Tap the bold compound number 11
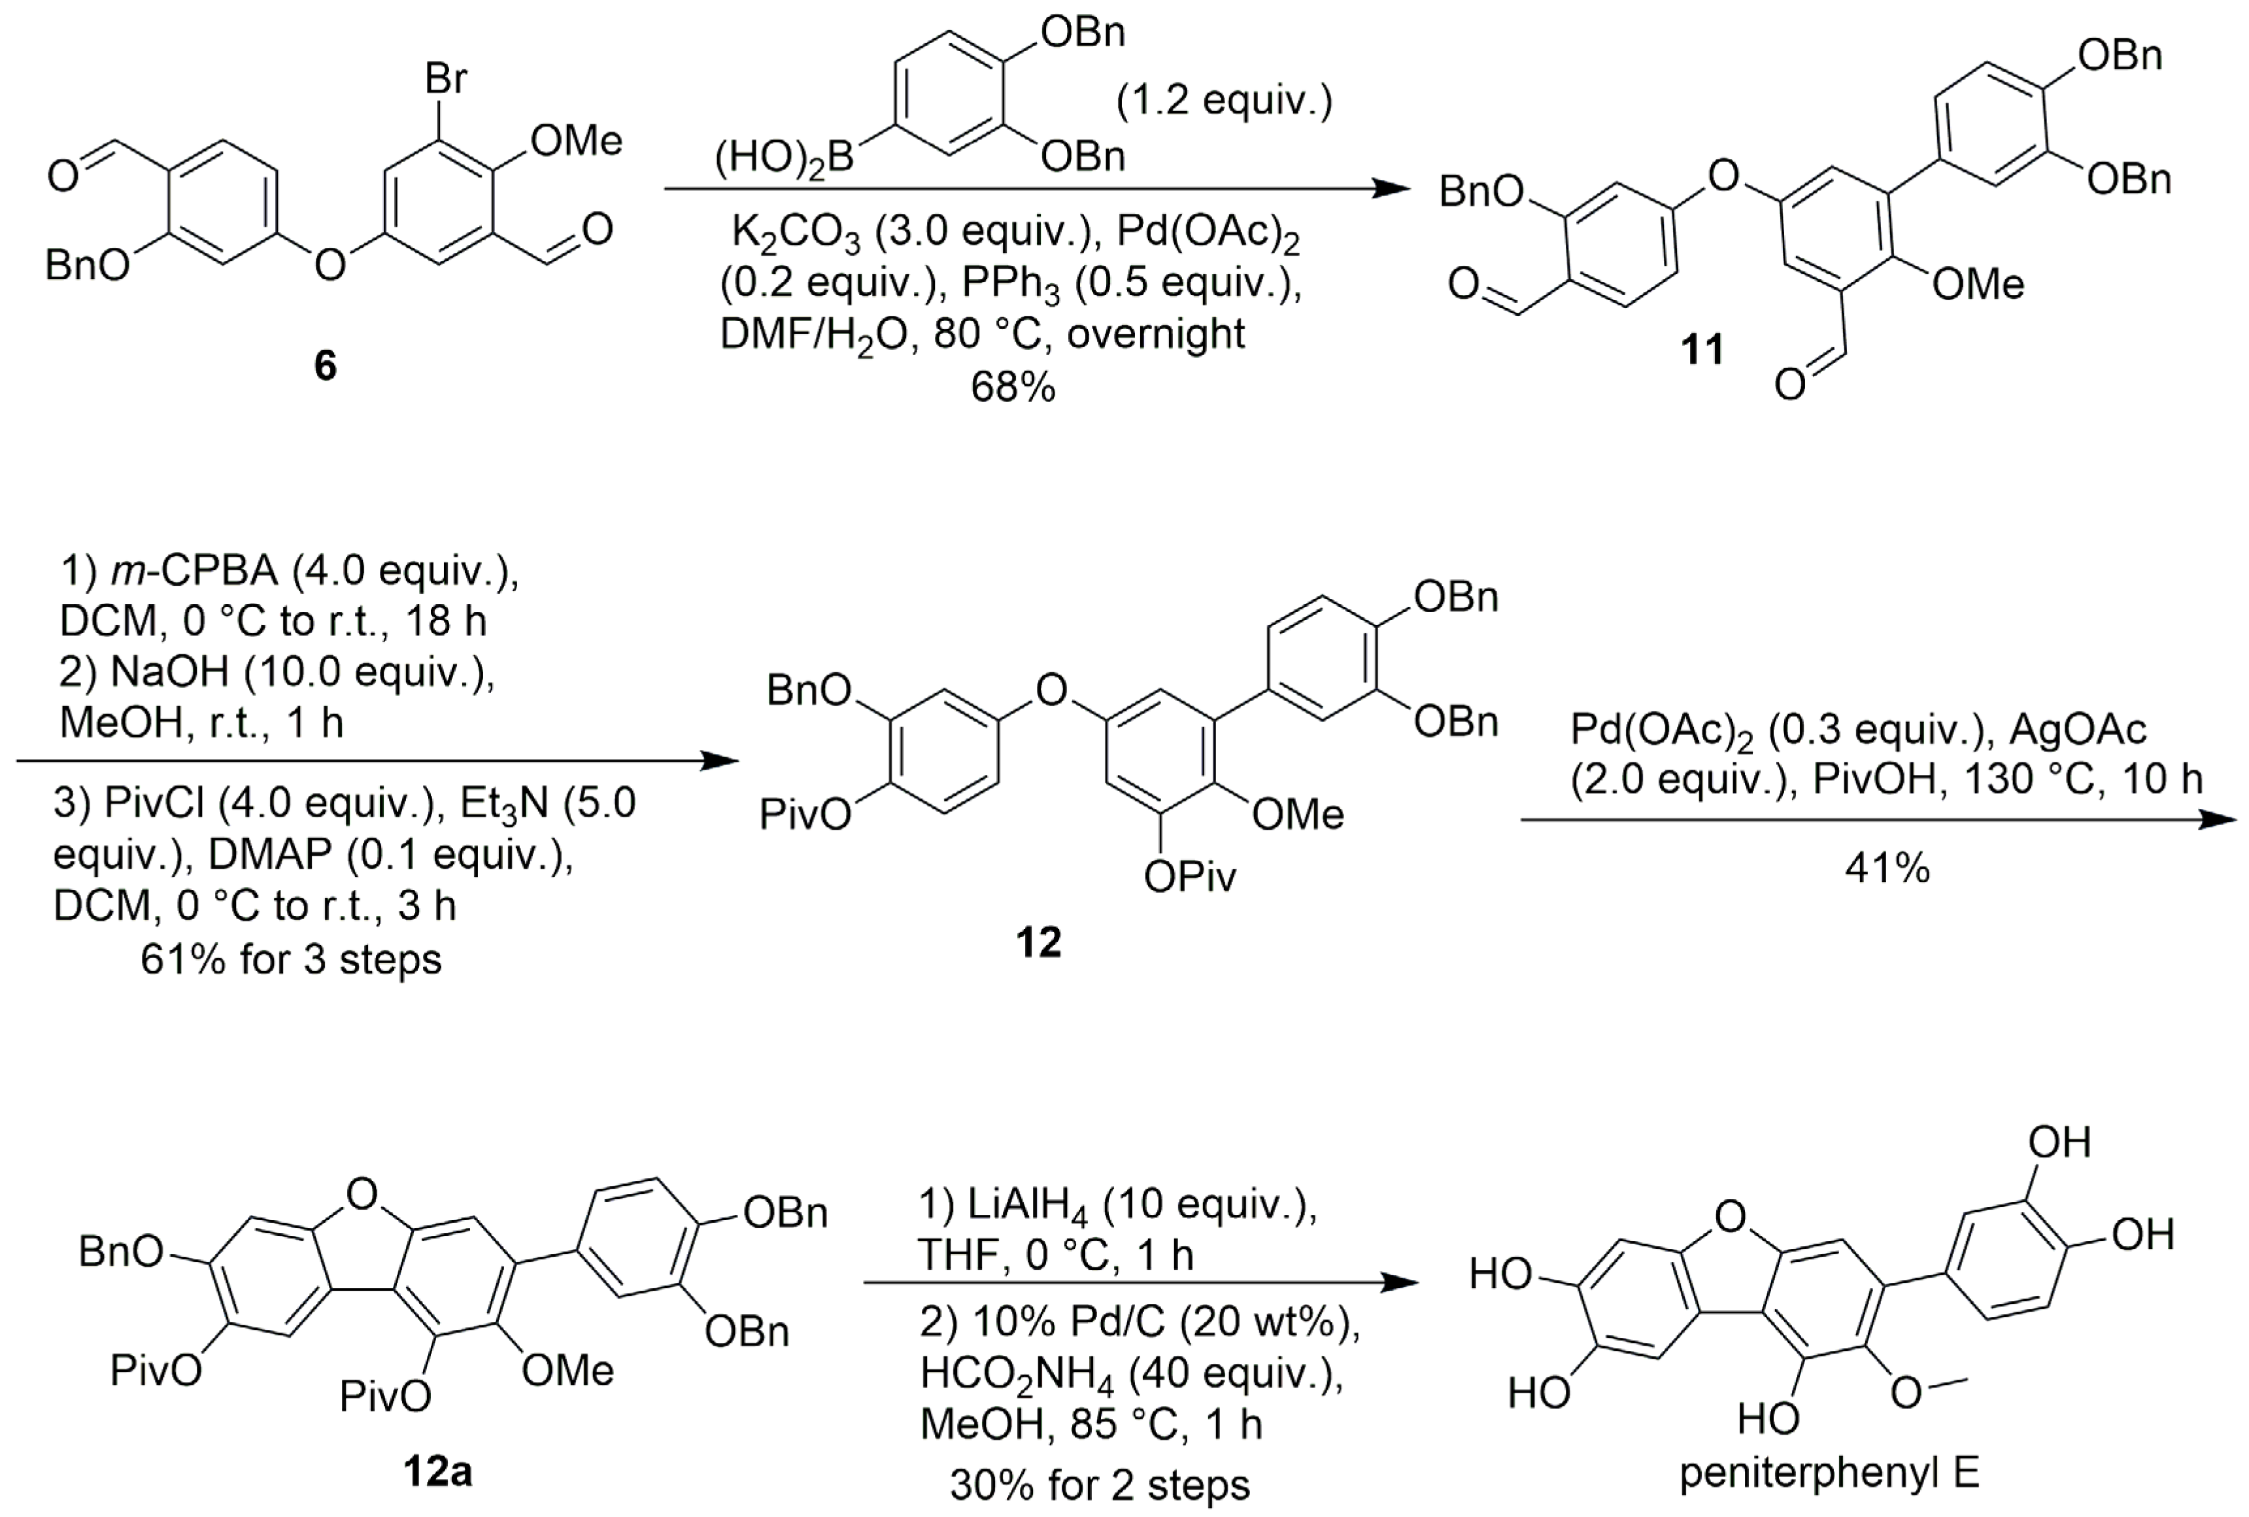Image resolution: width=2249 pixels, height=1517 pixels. [1702, 349]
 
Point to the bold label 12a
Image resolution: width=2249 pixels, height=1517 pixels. [437, 1471]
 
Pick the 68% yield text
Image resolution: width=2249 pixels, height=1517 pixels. [1012, 387]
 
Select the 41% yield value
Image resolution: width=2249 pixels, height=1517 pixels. [1886, 868]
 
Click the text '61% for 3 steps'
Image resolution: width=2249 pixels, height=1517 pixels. [290, 959]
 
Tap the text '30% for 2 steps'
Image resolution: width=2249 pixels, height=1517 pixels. [1100, 1485]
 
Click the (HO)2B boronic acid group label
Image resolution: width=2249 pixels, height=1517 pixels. [783, 158]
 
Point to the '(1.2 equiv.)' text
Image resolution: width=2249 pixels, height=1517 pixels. [1224, 101]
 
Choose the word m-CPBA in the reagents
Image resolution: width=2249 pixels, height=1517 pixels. [194, 571]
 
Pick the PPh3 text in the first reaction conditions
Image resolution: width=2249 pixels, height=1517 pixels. [1010, 284]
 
